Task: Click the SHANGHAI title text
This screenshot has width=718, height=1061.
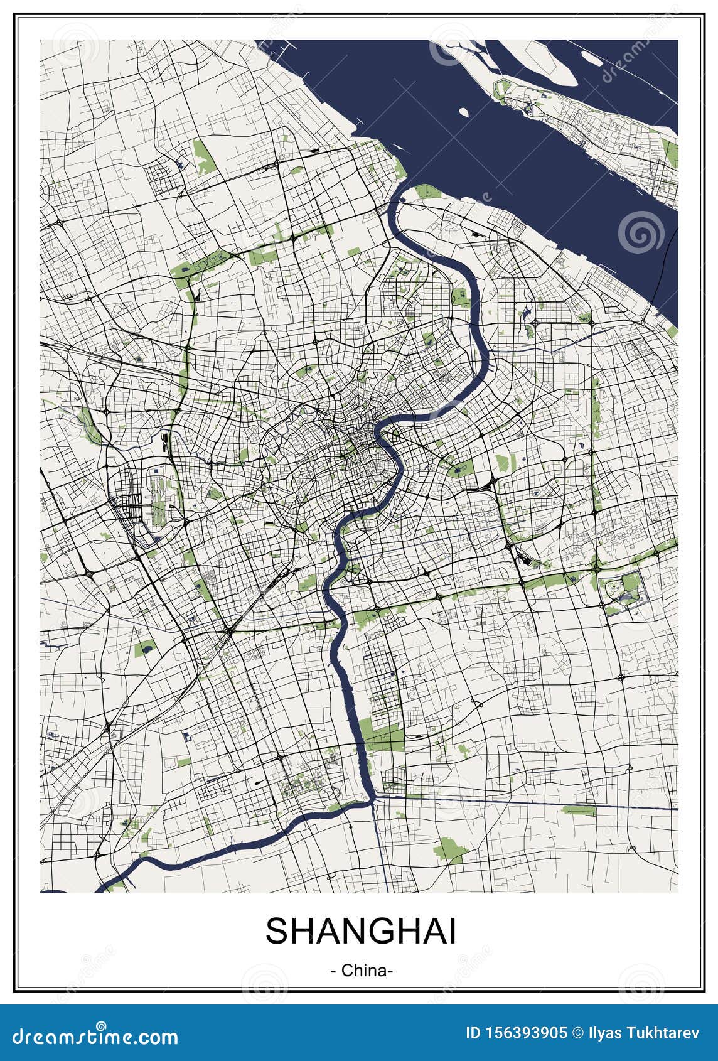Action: (360, 931)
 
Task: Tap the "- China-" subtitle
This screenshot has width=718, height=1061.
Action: (362, 971)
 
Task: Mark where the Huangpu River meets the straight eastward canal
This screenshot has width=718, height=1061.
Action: (374, 797)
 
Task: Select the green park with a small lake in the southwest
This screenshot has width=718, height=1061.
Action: (144, 649)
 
